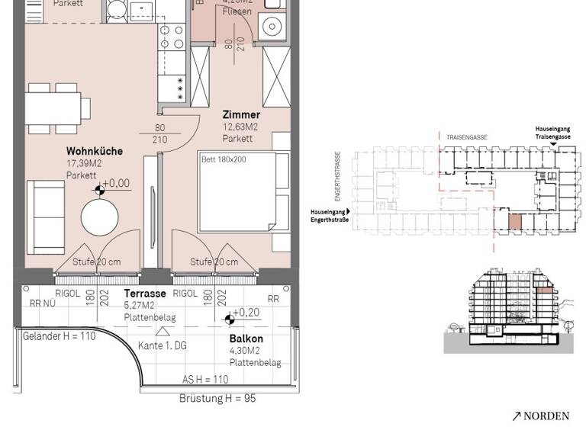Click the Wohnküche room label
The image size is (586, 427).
[x=94, y=151]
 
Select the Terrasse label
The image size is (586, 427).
[x=145, y=294]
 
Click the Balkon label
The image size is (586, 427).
[x=246, y=339]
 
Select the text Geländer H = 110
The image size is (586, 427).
[x=59, y=336]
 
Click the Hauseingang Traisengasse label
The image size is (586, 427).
[x=552, y=133]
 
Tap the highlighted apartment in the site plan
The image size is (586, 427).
[x=516, y=221]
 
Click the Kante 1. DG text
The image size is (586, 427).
[x=163, y=345]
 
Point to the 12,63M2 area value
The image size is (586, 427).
[x=240, y=127]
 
